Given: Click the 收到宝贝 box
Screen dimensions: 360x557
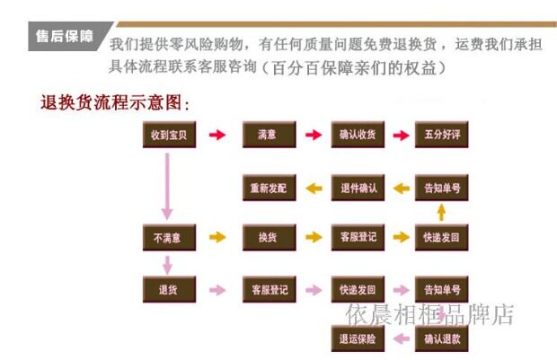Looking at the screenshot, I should click(x=168, y=136).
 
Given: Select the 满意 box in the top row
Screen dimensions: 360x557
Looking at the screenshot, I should click(x=268, y=136).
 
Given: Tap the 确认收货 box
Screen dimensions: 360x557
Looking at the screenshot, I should click(x=358, y=136).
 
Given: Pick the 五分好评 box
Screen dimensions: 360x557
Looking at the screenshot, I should click(x=441, y=136).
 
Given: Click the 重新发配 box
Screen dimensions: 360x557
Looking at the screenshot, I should click(x=268, y=189).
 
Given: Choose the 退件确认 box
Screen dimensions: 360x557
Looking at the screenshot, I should click(x=358, y=189).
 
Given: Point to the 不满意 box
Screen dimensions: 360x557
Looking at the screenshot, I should click(x=168, y=238).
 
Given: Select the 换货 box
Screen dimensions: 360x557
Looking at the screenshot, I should click(x=268, y=238).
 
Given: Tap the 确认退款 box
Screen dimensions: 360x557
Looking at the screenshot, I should click(x=441, y=339).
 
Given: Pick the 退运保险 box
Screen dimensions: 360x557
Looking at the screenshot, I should click(x=358, y=339).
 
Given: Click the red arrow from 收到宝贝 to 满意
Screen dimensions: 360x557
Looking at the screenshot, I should click(x=217, y=136).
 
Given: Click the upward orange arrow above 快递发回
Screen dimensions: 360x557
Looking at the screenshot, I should click(x=441, y=213).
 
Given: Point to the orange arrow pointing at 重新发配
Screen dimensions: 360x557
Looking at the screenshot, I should click(x=314, y=189).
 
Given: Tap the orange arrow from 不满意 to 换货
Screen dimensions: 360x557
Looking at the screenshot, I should click(x=217, y=238).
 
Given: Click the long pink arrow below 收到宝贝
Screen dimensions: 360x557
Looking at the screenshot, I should click(x=167, y=186).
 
